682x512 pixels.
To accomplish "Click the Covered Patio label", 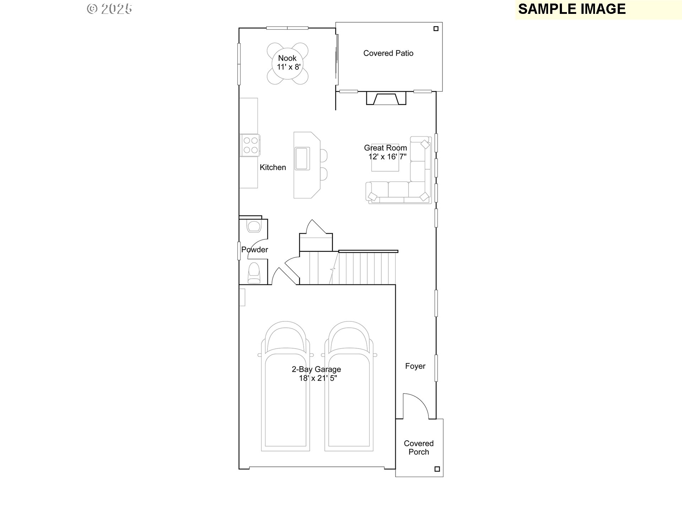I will click(388, 53).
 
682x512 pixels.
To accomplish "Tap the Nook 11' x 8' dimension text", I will click(288, 67).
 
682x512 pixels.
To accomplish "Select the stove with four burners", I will click(250, 145).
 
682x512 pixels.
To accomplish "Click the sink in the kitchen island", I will click(302, 159).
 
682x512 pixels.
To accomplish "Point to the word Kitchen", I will click(272, 167).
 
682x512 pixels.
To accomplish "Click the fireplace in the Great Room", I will click(386, 98).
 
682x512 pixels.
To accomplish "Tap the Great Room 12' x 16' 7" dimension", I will click(387, 156).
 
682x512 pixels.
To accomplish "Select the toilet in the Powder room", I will click(254, 273).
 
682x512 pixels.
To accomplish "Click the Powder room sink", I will click(254, 226).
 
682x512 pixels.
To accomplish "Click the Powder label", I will click(254, 250).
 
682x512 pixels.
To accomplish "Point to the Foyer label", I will click(415, 366).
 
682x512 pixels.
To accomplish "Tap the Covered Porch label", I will click(418, 448).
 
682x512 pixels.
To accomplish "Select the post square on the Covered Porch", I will click(437, 469).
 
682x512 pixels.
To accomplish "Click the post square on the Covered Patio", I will click(436, 29).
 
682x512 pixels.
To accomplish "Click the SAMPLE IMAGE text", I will click(572, 9).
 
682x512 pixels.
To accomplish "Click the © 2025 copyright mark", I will click(109, 9).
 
